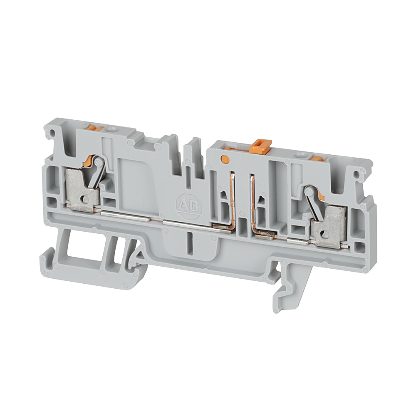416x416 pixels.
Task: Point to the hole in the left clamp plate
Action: pos(85,197)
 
